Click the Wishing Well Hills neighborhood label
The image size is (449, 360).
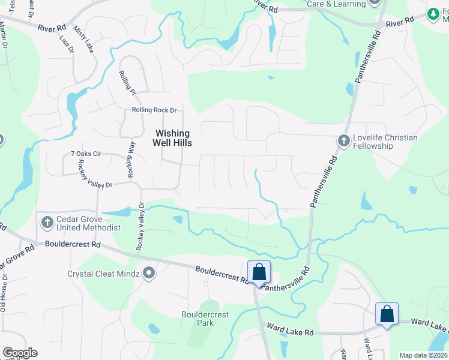coord(173,139)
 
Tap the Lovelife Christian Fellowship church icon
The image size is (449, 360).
coord(343,140)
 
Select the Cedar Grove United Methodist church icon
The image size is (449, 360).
coord(47,223)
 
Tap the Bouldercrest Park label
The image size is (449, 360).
coord(197,318)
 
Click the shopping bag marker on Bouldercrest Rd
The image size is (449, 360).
coord(259,272)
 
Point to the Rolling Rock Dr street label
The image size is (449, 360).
coord(154,110)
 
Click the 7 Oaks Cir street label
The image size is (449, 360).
coord(86,154)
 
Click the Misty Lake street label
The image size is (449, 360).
coord(83,39)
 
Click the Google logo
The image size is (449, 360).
coord(20,353)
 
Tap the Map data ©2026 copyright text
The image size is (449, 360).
coord(423,355)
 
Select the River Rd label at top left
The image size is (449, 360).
coord(51,28)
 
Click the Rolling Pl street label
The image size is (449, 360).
coord(127,82)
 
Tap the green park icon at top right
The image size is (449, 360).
coord(433,13)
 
